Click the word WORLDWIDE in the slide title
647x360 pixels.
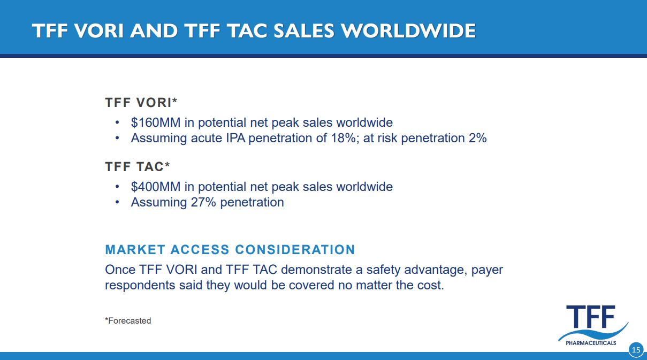(408, 30)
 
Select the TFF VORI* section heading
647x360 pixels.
(141, 103)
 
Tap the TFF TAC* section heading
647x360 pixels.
(137, 167)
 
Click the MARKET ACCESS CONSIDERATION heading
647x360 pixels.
(230, 250)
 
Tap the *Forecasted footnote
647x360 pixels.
(128, 321)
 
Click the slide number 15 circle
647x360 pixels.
(635, 350)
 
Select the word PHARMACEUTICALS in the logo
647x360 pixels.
(591, 343)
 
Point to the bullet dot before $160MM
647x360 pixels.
(117, 122)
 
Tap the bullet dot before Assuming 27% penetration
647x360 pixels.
(117, 203)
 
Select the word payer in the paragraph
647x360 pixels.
(487, 270)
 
